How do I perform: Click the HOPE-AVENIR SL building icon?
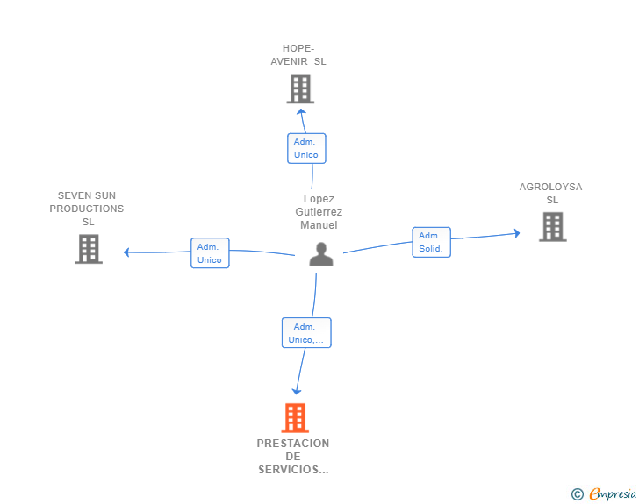coord(300,89)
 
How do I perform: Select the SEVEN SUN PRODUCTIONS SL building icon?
coord(89,249)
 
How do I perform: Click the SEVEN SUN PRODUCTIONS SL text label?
coord(87,209)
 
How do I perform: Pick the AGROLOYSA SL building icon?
coord(552,226)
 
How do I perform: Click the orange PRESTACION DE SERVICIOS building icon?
coord(295,418)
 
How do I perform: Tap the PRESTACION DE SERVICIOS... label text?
coord(293,457)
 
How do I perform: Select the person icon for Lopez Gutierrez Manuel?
coord(321,254)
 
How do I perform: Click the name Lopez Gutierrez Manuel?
coord(319,212)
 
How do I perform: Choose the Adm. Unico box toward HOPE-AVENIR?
coord(306,148)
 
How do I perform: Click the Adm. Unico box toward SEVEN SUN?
coord(210,253)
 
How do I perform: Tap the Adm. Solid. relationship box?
coord(431,242)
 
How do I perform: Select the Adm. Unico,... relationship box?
coord(306,333)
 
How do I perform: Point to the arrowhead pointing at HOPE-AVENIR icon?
coord(301,111)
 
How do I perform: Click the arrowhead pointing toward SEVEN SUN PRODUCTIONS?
coord(127,252)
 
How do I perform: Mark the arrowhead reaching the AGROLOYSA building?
coord(516,233)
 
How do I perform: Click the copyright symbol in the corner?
coord(577,494)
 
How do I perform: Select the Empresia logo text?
coord(613,493)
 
